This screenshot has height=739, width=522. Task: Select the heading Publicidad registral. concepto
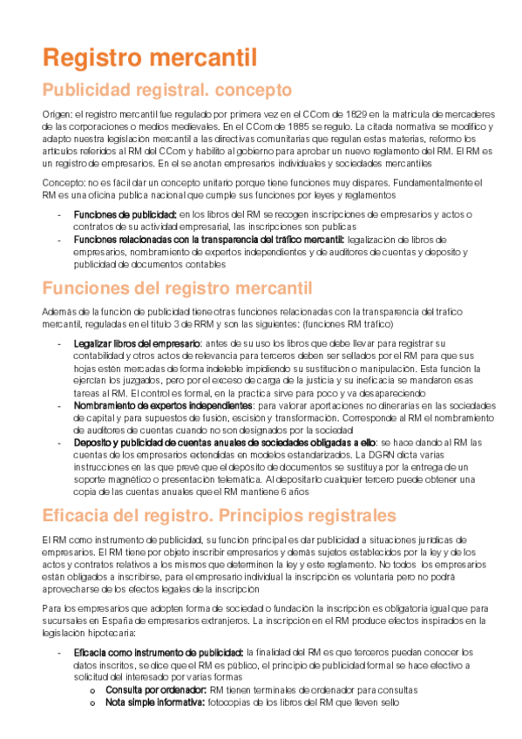[x=167, y=90]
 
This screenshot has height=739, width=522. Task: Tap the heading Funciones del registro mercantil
[x=177, y=288]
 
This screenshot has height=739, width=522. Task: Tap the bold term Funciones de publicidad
[x=125, y=215]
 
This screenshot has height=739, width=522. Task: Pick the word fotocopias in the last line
[x=234, y=702]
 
